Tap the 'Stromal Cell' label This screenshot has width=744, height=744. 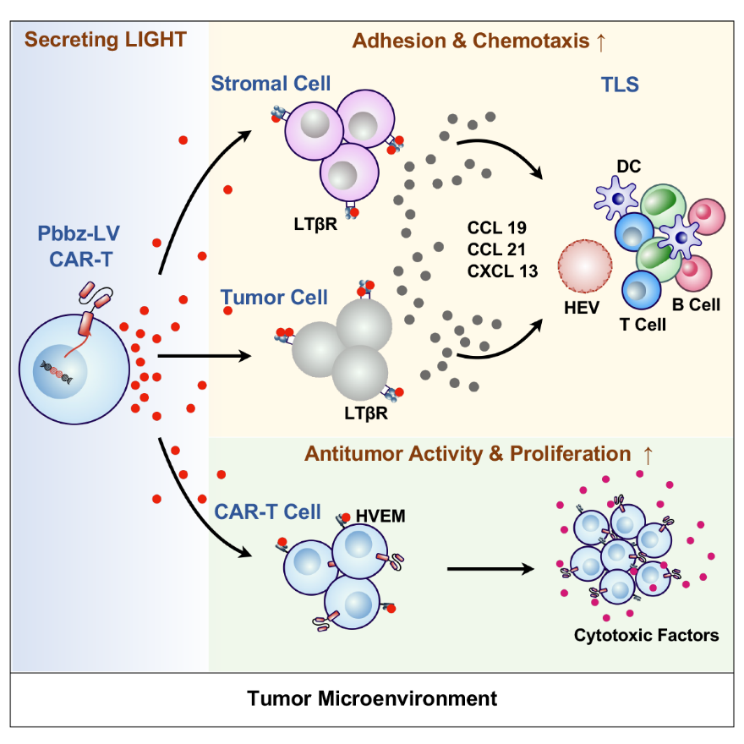(x=271, y=84)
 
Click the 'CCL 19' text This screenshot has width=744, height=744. (x=497, y=227)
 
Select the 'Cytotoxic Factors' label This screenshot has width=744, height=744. (x=646, y=635)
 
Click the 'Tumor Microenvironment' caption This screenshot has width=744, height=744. (x=372, y=698)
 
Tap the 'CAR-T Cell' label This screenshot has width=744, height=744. (x=267, y=511)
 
